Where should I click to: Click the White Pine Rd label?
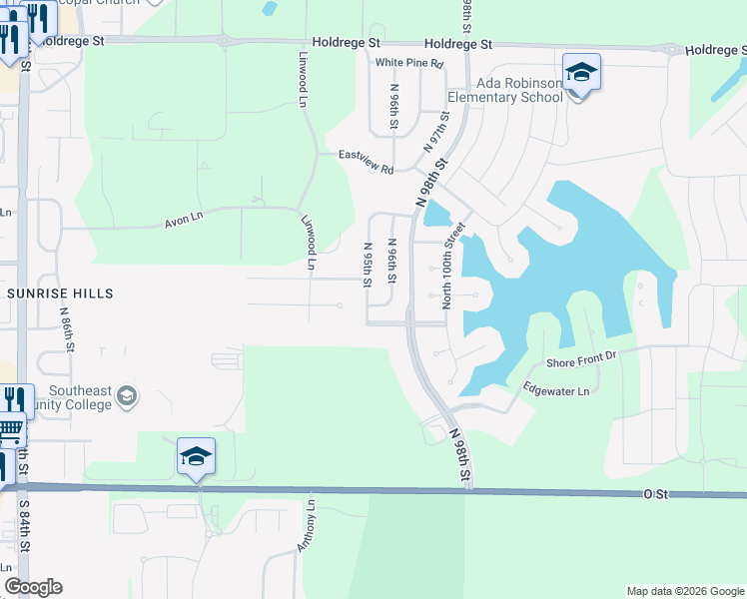pos(408,63)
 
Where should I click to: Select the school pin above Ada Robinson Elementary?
pos(581,73)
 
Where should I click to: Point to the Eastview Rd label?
pos(366,162)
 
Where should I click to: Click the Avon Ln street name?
pos(184,219)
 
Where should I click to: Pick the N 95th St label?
pos(368,265)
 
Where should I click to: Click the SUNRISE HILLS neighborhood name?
pos(60,294)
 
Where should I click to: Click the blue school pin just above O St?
pos(197,457)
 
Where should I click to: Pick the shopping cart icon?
pos(10,431)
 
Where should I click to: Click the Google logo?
pos(33,587)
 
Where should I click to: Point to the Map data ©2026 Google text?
pos(685,591)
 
